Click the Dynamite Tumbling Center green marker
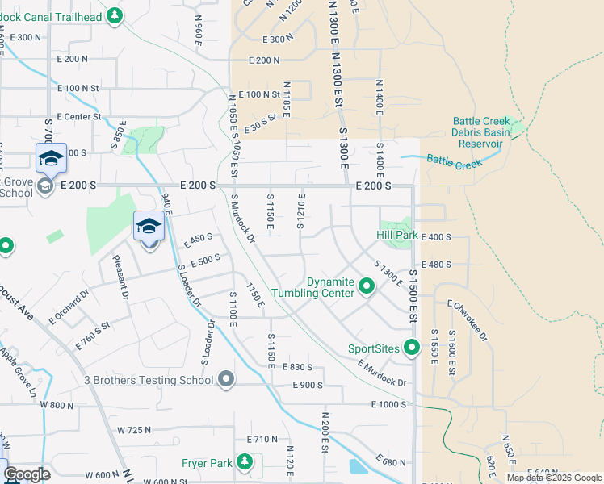point(366,286)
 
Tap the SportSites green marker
point(412,348)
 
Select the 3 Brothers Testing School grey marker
point(227,378)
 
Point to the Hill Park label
point(396,235)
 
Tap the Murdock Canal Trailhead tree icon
point(115,15)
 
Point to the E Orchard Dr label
point(68,307)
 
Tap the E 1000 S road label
point(388,404)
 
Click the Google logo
point(27,474)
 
